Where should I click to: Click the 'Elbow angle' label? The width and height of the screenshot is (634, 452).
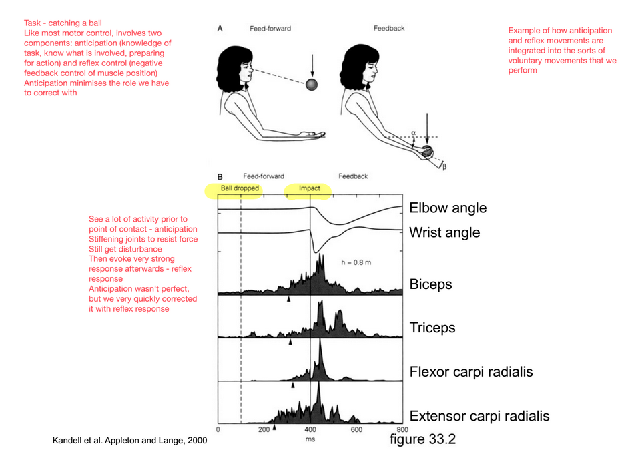pyautogui.click(x=448, y=208)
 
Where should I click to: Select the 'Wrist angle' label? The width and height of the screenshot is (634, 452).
pyautogui.click(x=444, y=233)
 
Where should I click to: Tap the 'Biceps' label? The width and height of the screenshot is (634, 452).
pyautogui.click(x=430, y=284)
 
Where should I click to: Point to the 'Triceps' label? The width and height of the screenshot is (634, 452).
pyautogui.click(x=432, y=328)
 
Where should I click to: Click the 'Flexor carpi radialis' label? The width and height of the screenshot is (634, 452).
pyautogui.click(x=471, y=372)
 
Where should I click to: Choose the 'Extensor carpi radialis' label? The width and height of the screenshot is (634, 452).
pyautogui.click(x=479, y=416)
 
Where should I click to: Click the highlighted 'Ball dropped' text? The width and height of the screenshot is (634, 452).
pyautogui.click(x=240, y=188)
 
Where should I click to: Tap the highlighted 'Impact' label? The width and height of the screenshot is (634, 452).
pyautogui.click(x=309, y=188)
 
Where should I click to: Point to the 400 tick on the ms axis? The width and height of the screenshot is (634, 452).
pyautogui.click(x=310, y=430)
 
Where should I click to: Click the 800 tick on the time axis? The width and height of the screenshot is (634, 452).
pyautogui.click(x=402, y=430)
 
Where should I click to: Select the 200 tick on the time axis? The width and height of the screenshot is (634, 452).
pyautogui.click(x=264, y=430)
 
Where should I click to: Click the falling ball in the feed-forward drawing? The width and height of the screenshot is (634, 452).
pyautogui.click(x=312, y=85)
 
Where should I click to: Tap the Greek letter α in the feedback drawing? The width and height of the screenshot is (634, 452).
pyautogui.click(x=414, y=134)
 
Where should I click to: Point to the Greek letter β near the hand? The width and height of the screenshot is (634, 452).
pyautogui.click(x=444, y=166)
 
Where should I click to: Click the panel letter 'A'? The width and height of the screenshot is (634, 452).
pyautogui.click(x=220, y=29)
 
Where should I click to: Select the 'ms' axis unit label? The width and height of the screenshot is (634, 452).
pyautogui.click(x=310, y=440)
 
